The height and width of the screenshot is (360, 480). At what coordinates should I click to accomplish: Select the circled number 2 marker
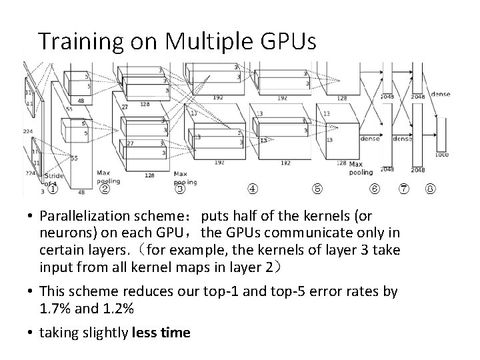[x=105, y=189]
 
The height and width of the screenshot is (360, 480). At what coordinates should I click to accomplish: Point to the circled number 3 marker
[x=181, y=189]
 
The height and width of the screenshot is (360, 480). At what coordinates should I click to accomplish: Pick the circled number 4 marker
[x=253, y=189]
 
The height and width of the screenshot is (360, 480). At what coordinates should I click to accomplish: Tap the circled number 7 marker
[x=405, y=189]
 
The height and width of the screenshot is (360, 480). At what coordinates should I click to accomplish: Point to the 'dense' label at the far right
[x=440, y=94]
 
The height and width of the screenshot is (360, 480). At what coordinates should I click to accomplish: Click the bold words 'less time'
[x=163, y=333]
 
